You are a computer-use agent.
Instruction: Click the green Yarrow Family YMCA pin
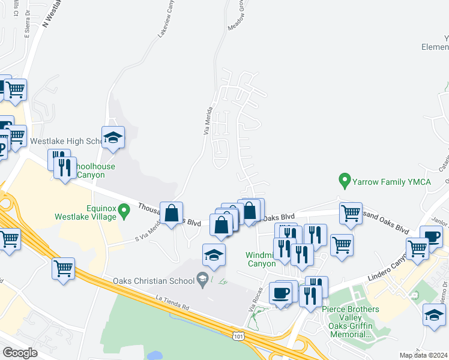[x=345, y=179]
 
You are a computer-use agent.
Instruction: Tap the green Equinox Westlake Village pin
[x=124, y=210]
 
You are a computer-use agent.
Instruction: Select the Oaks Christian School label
[x=152, y=281]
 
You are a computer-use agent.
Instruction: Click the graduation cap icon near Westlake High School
[x=113, y=138]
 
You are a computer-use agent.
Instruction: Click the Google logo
[x=20, y=353]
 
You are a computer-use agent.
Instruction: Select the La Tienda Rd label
[x=172, y=303]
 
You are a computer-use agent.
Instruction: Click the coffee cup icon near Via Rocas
[x=280, y=293]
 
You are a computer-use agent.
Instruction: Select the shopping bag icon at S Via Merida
[x=172, y=213]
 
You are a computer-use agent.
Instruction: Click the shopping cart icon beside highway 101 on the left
[x=63, y=269]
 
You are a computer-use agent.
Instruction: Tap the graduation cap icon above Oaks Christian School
[x=214, y=255]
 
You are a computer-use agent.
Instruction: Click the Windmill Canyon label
[x=261, y=259]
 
